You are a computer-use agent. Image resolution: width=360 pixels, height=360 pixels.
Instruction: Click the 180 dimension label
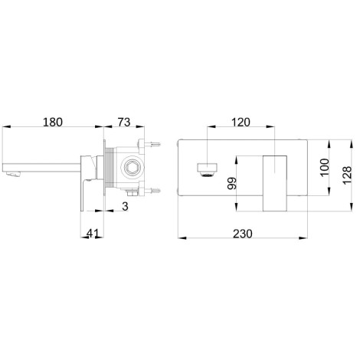52,122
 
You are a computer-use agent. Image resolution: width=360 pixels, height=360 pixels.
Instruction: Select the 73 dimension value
124,122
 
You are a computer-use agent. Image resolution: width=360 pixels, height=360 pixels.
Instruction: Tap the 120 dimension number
241,123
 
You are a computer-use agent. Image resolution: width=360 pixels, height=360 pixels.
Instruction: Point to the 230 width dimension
242,234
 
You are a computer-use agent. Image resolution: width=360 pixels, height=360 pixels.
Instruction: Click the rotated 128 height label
347,175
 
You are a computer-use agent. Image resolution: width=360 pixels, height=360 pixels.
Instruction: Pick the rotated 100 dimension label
325,167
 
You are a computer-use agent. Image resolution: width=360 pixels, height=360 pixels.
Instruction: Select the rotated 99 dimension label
232,183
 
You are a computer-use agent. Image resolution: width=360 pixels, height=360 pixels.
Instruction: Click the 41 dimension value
92,234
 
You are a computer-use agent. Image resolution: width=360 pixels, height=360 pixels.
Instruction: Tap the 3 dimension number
125,207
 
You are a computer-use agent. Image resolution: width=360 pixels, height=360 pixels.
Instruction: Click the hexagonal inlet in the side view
132,167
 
